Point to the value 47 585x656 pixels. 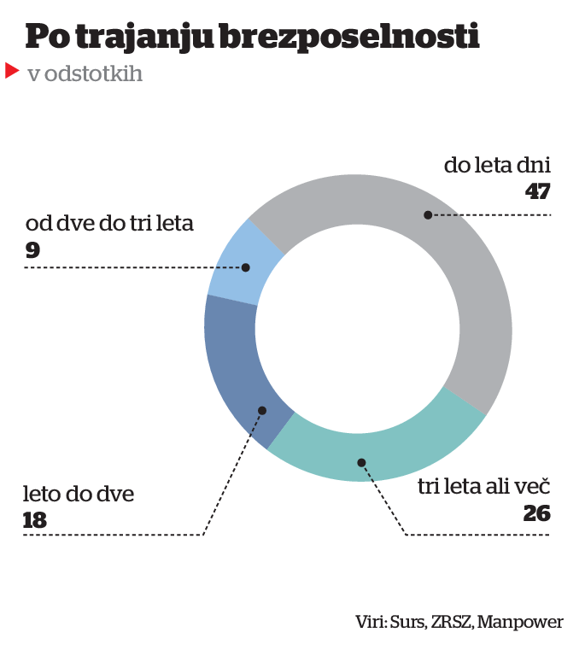tap(537, 191)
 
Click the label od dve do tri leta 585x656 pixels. tap(110, 225)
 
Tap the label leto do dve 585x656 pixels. tap(79, 494)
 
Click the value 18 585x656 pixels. tap(36, 519)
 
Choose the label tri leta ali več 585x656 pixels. tap(483, 487)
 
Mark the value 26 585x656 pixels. tap(536, 513)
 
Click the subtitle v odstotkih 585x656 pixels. tap(85, 74)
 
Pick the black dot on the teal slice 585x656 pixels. tap(362, 463)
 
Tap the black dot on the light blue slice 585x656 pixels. tap(246, 267)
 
